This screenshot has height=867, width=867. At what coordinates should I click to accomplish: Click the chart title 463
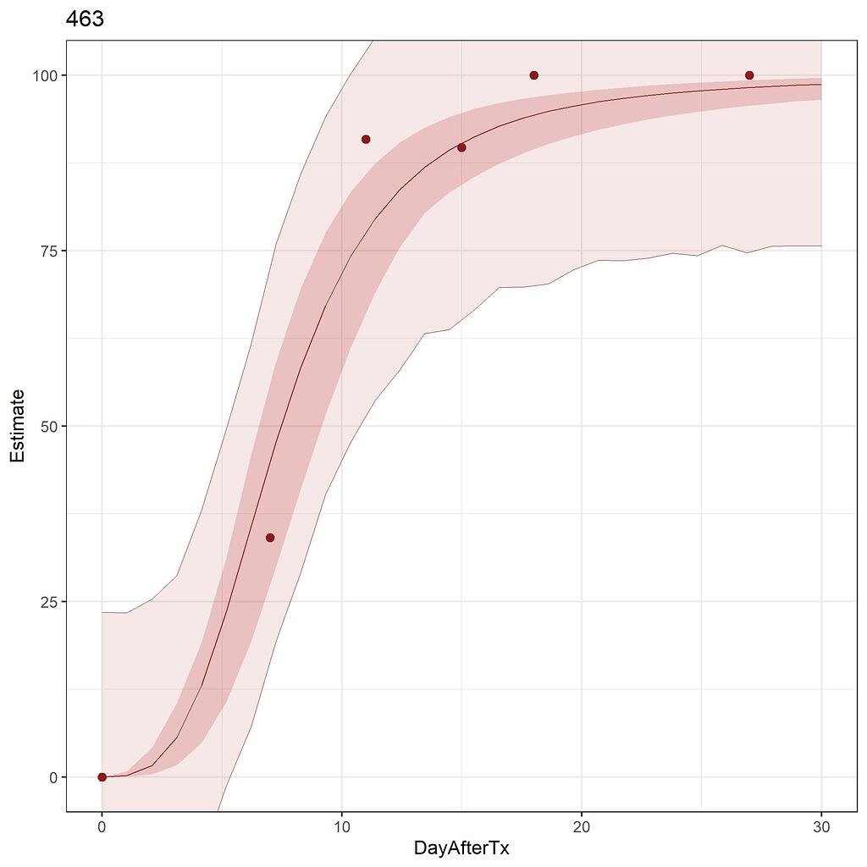tap(85, 19)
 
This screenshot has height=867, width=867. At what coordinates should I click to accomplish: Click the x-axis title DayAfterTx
tap(461, 848)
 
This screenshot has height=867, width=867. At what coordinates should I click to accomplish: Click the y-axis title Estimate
tap(17, 426)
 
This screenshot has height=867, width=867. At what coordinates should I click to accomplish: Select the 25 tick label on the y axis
tap(48, 602)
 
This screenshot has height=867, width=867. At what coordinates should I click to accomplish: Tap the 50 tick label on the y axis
tap(48, 426)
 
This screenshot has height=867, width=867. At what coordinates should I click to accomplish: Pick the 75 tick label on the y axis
tap(48, 251)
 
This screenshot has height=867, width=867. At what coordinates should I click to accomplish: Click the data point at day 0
tap(102, 777)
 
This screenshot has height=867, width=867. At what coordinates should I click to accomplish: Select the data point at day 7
tap(270, 538)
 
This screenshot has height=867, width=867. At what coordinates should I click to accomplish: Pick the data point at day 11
tap(366, 139)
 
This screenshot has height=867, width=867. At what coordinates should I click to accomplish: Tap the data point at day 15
tap(461, 147)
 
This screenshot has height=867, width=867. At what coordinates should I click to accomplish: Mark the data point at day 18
tap(533, 75)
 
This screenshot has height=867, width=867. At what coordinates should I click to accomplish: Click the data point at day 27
tap(749, 75)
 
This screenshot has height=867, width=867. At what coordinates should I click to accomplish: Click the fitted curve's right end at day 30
tap(821, 84)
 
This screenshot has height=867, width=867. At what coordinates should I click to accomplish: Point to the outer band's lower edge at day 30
tap(821, 246)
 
